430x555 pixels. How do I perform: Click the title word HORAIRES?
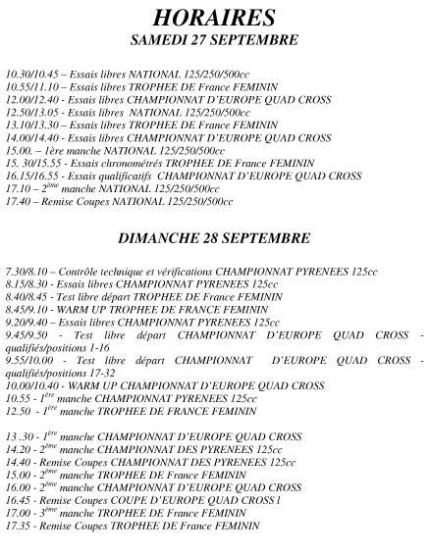(x=214, y=19)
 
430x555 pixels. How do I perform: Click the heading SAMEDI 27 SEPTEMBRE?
(x=214, y=40)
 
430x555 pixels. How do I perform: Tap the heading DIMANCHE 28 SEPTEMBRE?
(x=214, y=238)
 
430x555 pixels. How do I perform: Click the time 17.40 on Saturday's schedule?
(x=18, y=201)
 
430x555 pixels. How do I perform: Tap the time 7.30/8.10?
(x=27, y=271)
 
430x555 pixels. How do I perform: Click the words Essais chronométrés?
(x=99, y=163)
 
